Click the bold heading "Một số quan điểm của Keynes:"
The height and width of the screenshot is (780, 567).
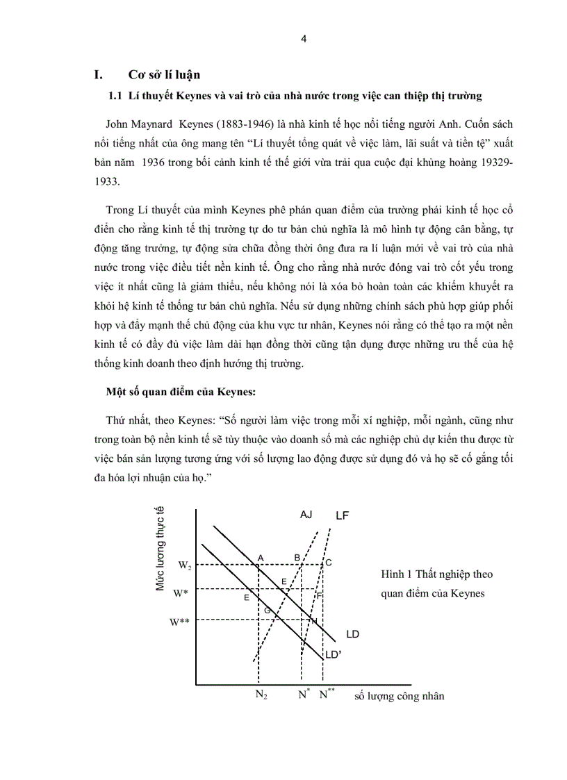pos(177,392)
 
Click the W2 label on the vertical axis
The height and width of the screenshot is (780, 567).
pos(185,565)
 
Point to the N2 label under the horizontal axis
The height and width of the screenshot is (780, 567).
pos(262,695)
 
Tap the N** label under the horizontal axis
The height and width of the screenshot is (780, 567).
pos(327,694)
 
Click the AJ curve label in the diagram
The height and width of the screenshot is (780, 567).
pos(306,515)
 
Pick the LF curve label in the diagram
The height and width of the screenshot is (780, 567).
pos(342,515)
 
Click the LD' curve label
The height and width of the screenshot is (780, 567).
pos(334,654)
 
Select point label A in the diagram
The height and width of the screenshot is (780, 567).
pos(261,558)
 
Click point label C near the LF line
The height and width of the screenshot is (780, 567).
pos(329,563)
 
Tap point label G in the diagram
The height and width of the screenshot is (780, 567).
pos(266,609)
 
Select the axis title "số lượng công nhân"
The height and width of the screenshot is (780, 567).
pos(399,696)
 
